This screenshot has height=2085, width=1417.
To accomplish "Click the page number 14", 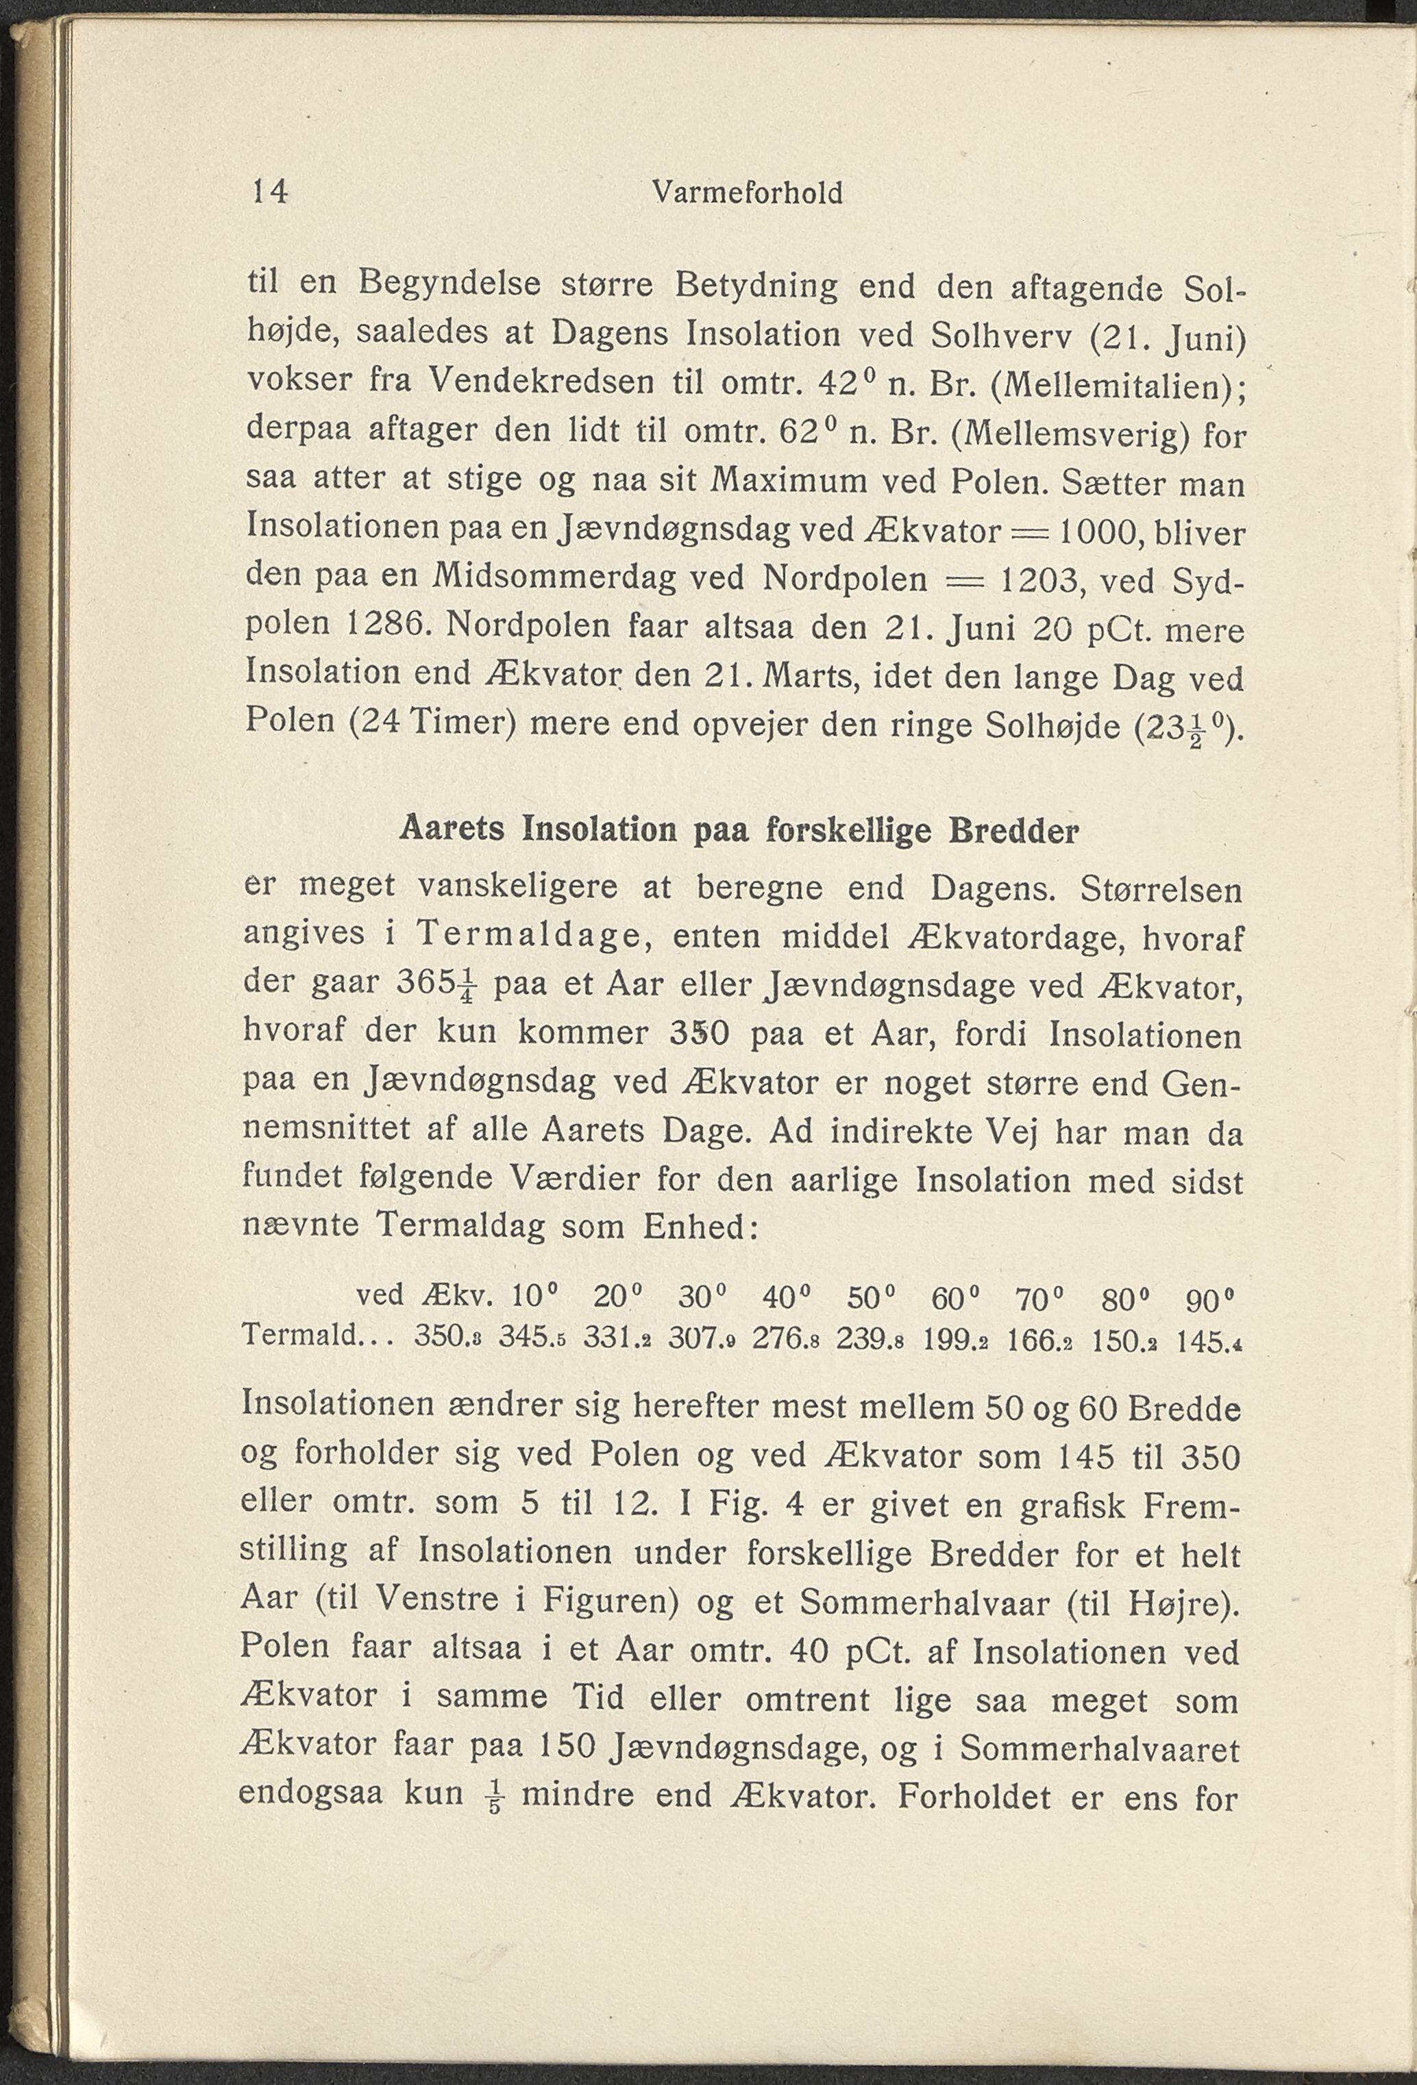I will click(x=270, y=191).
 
